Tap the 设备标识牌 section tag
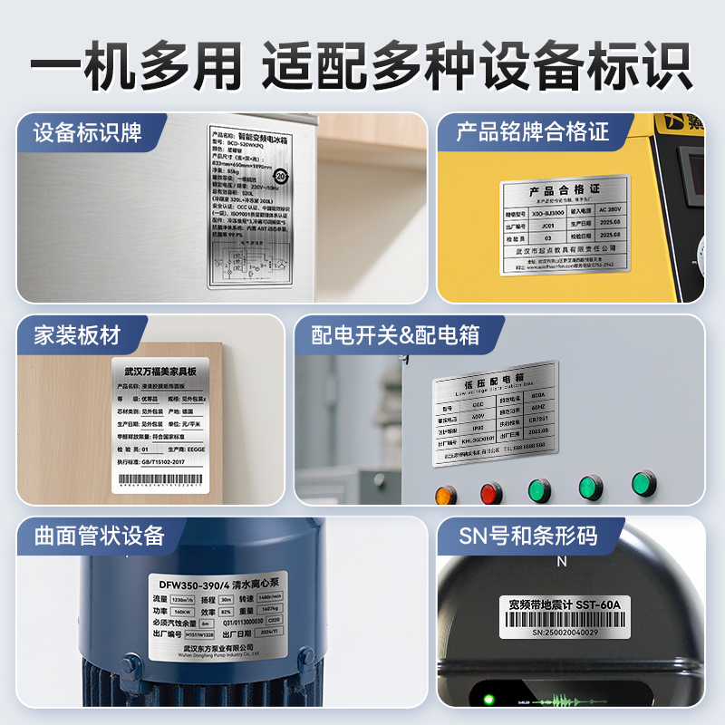tap(88, 132)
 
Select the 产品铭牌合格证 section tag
tap(533, 132)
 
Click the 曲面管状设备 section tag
tap(100, 536)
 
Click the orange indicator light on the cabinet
tap(446, 496)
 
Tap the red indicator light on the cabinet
tap(491, 494)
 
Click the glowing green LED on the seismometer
tap(488, 699)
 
